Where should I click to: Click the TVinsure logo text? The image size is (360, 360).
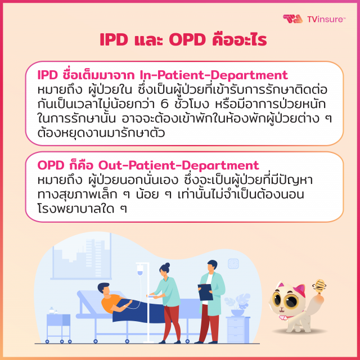[x=326, y=20]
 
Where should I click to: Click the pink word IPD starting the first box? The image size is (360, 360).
[x=48, y=75]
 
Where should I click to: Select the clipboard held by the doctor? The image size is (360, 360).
[x=205, y=291]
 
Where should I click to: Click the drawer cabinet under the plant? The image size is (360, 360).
[x=238, y=329]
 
